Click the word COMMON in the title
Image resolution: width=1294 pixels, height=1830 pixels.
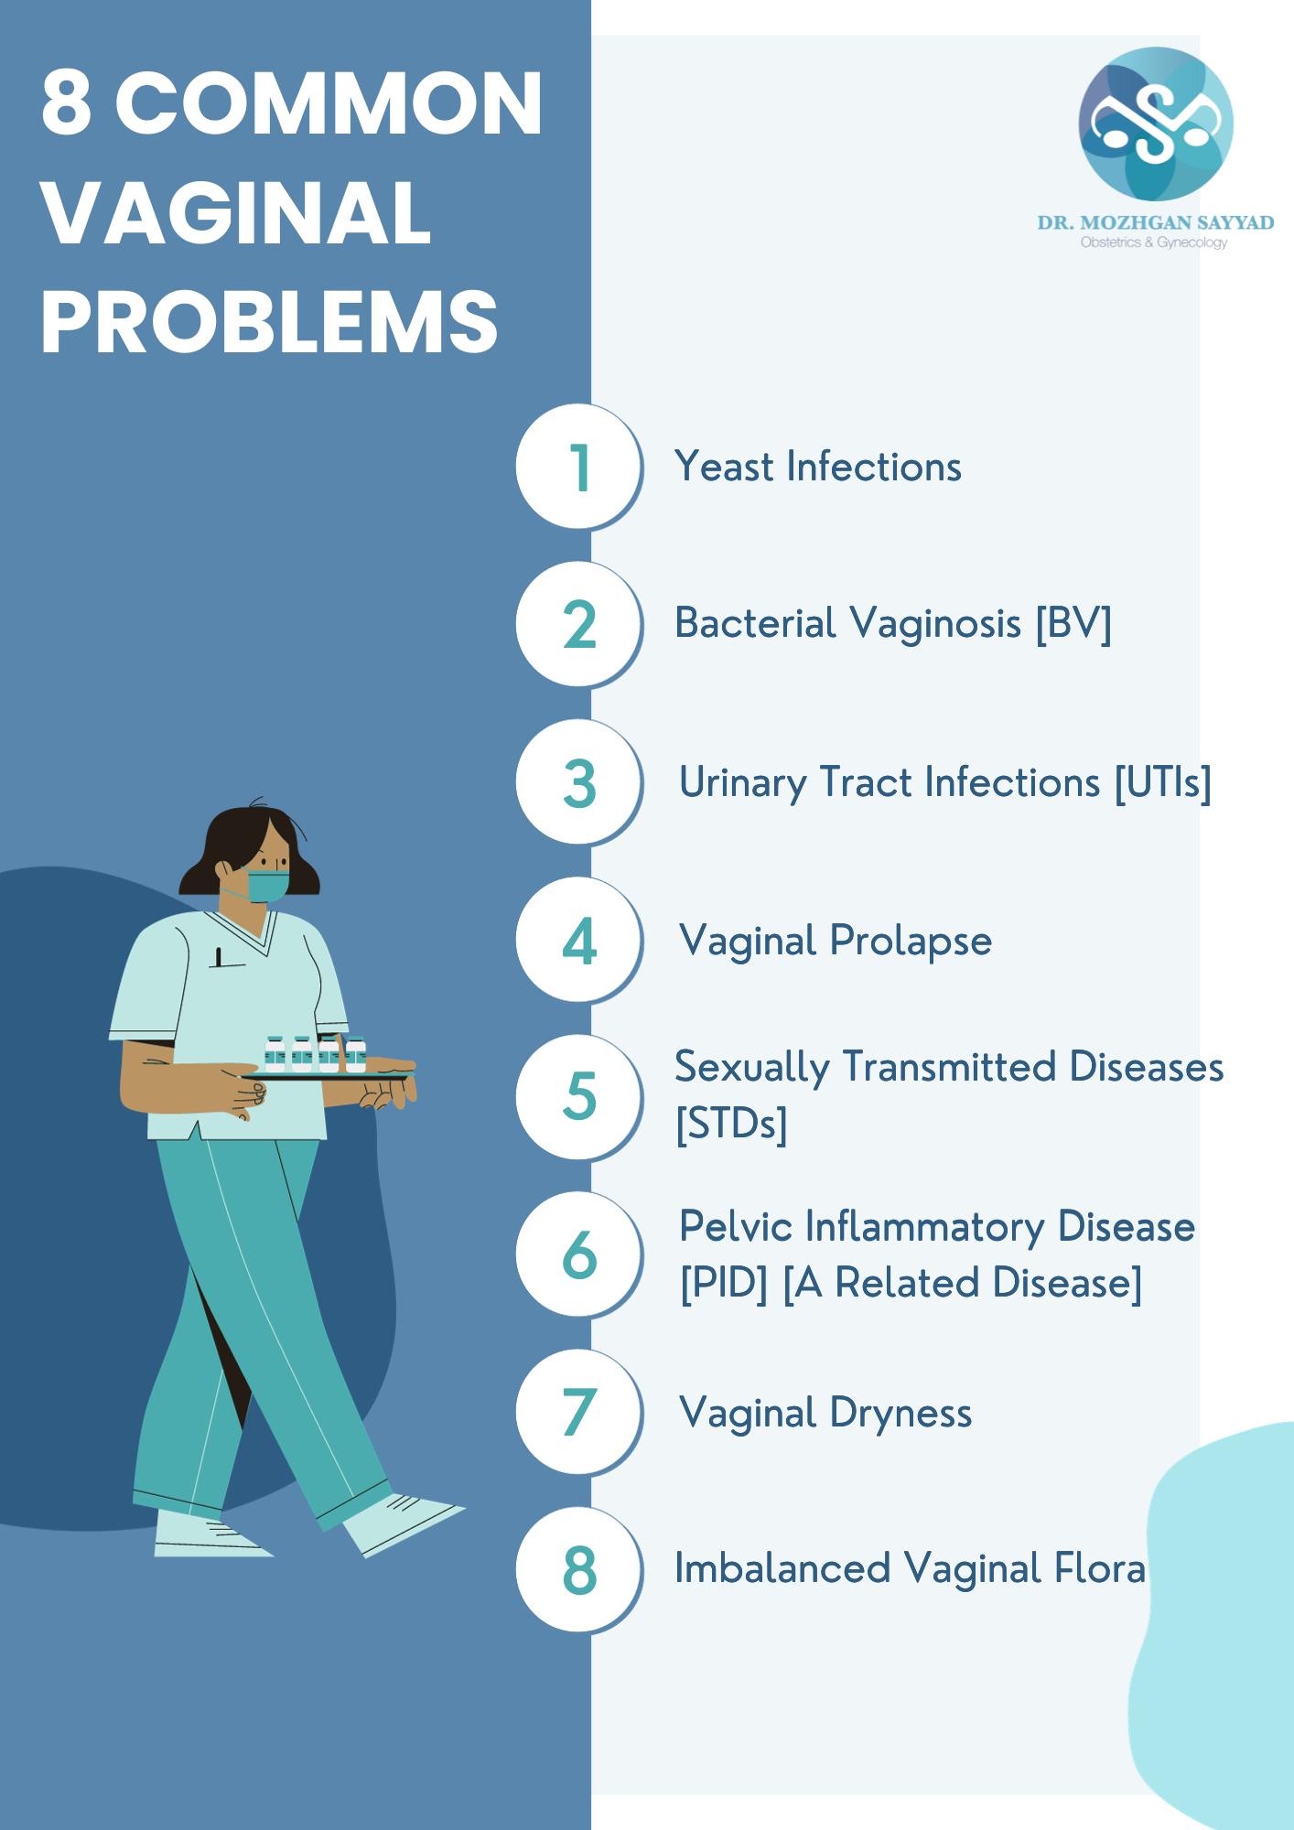[x=329, y=102]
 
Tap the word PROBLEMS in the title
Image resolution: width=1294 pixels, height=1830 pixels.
[x=270, y=322]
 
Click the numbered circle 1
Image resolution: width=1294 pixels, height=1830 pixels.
[x=579, y=467]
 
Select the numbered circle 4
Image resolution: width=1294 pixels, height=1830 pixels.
[x=579, y=940]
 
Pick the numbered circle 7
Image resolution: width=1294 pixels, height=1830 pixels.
[x=579, y=1412]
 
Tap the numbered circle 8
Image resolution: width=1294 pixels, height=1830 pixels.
[x=579, y=1569]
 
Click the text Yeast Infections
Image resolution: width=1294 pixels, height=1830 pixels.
[x=818, y=467]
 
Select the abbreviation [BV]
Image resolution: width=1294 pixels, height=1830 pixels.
[x=1073, y=624]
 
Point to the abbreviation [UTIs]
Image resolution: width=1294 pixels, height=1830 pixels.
[x=1163, y=783]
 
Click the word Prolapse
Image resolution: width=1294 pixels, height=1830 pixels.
[x=911, y=942]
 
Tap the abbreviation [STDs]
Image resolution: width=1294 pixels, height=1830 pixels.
[x=731, y=1124]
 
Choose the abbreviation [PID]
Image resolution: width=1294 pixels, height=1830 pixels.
[x=724, y=1283]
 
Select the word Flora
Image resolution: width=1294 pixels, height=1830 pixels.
[x=1100, y=1568]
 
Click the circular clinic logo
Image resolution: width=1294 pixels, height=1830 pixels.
[x=1156, y=124]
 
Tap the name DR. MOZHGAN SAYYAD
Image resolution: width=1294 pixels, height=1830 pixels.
[x=1156, y=222]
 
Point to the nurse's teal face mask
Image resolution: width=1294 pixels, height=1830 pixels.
[x=267, y=886]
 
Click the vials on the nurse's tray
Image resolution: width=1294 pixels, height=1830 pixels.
[x=315, y=1054]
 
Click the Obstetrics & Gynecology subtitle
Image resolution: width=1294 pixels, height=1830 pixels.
[x=1154, y=242]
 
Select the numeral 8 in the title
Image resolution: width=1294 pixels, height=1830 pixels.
[x=67, y=102]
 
